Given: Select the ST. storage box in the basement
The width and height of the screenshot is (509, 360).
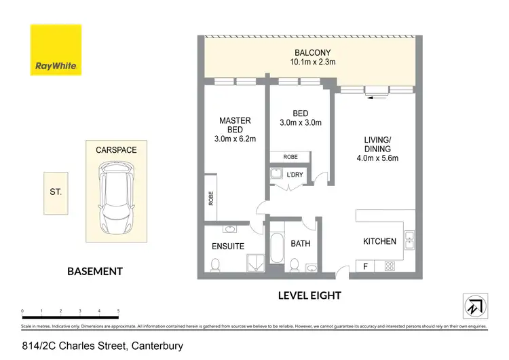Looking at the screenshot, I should click(56, 192).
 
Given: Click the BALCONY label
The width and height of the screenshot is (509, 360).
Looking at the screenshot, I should click(312, 53).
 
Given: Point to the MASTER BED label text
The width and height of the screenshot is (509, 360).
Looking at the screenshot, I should click(235, 125).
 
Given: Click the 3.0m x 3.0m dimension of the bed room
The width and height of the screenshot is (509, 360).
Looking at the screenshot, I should click(301, 123).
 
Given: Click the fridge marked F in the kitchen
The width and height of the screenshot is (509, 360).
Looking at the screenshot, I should click(365, 266).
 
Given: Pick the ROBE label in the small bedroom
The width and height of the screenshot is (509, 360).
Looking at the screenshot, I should click(290, 157).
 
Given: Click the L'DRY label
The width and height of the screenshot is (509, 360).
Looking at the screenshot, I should click(295, 175).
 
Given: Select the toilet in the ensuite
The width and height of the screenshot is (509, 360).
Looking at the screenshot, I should click(215, 264).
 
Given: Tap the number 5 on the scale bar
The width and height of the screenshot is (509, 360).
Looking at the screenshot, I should click(118, 310).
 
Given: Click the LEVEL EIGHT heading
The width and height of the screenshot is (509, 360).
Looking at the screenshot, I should click(309, 295).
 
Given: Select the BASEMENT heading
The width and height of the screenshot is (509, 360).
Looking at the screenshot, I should click(95, 271).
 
